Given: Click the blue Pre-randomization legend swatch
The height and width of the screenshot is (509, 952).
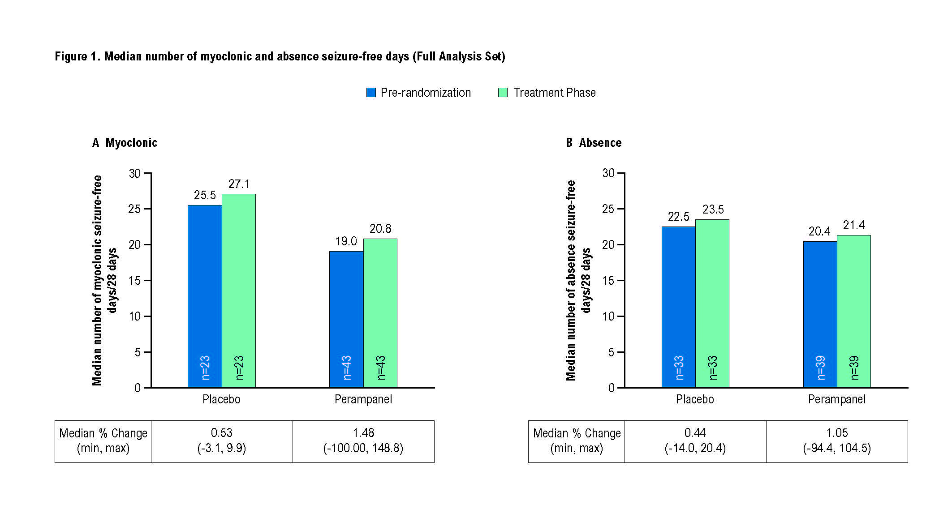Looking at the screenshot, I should [371, 93].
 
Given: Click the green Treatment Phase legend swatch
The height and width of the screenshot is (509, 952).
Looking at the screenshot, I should [503, 93].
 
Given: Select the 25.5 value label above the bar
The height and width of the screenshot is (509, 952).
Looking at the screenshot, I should [205, 195].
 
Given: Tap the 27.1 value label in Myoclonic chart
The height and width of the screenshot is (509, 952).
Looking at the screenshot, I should [239, 184].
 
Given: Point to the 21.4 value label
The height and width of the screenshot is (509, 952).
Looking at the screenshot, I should [854, 225].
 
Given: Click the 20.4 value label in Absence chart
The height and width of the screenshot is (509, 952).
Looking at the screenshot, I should [819, 231].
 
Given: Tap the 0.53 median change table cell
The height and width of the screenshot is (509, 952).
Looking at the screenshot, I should [222, 441].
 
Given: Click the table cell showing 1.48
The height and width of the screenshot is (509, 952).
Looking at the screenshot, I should [363, 441].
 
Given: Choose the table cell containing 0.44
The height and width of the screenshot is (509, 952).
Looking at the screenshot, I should [695, 441].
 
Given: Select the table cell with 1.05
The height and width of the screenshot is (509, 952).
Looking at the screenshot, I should [837, 441].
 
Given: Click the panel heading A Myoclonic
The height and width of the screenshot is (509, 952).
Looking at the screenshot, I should [125, 143].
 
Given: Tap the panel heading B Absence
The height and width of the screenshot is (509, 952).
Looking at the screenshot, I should [594, 143].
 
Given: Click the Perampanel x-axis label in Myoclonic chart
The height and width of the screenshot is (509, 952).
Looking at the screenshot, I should [363, 399].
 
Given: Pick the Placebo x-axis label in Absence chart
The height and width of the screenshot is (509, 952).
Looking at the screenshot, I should [695, 399].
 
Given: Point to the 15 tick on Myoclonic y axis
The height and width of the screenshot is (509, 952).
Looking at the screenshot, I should [135, 281].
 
